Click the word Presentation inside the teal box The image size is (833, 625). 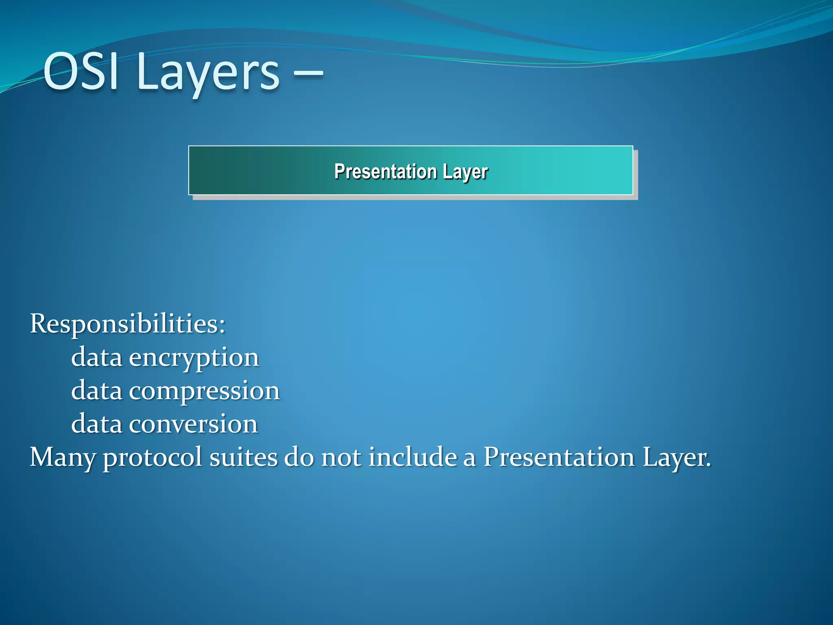(x=385, y=171)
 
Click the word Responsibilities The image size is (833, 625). (x=124, y=324)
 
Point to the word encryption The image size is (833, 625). (x=194, y=358)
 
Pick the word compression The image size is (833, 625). (x=204, y=391)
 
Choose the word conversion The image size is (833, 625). (x=193, y=424)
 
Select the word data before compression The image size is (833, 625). (x=96, y=391)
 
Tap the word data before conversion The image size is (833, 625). (x=96, y=424)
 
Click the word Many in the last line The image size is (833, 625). (x=62, y=457)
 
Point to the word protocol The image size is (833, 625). (x=152, y=457)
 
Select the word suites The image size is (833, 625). (x=243, y=457)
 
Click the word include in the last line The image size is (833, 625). (x=412, y=457)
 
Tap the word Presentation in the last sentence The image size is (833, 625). (x=559, y=457)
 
